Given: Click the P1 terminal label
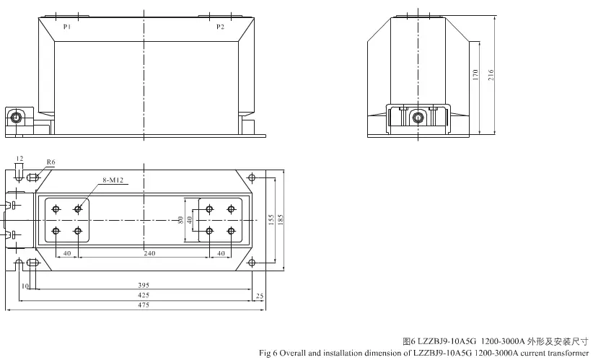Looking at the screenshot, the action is [67, 27].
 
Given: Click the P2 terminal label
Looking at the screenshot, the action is [221, 27].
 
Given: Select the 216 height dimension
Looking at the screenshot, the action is [491, 74].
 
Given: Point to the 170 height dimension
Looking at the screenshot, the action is [475, 74].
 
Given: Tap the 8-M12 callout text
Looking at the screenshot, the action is [113, 180].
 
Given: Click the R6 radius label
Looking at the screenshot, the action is [50, 162].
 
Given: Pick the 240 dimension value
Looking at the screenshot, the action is [149, 253].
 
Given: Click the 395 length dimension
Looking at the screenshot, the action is [144, 285].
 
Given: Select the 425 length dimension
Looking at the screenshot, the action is [144, 295].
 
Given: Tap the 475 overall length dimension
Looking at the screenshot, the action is [144, 304].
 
